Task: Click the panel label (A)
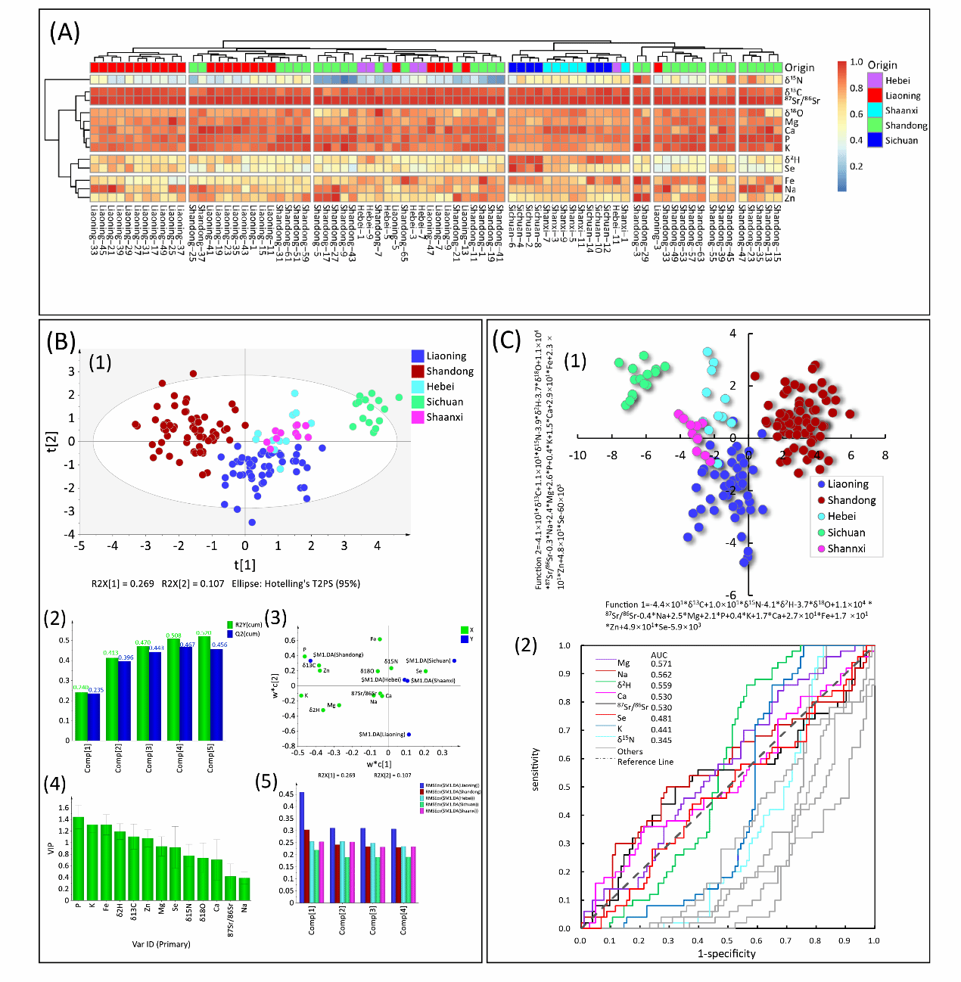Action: (x=64, y=33)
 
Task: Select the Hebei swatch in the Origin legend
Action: (x=875, y=80)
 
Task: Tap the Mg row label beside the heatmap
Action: (x=791, y=122)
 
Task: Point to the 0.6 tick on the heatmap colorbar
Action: (x=856, y=114)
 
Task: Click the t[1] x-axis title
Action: (x=245, y=564)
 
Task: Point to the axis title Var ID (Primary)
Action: (x=161, y=944)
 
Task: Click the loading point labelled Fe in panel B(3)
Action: (x=380, y=639)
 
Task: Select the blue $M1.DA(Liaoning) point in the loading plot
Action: (x=409, y=735)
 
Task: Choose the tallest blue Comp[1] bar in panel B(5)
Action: (x=302, y=847)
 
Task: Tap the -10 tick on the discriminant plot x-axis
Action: (x=578, y=455)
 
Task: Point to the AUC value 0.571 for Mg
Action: (x=661, y=664)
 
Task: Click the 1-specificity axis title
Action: (x=726, y=953)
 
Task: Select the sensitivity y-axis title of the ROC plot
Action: (x=535, y=769)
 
